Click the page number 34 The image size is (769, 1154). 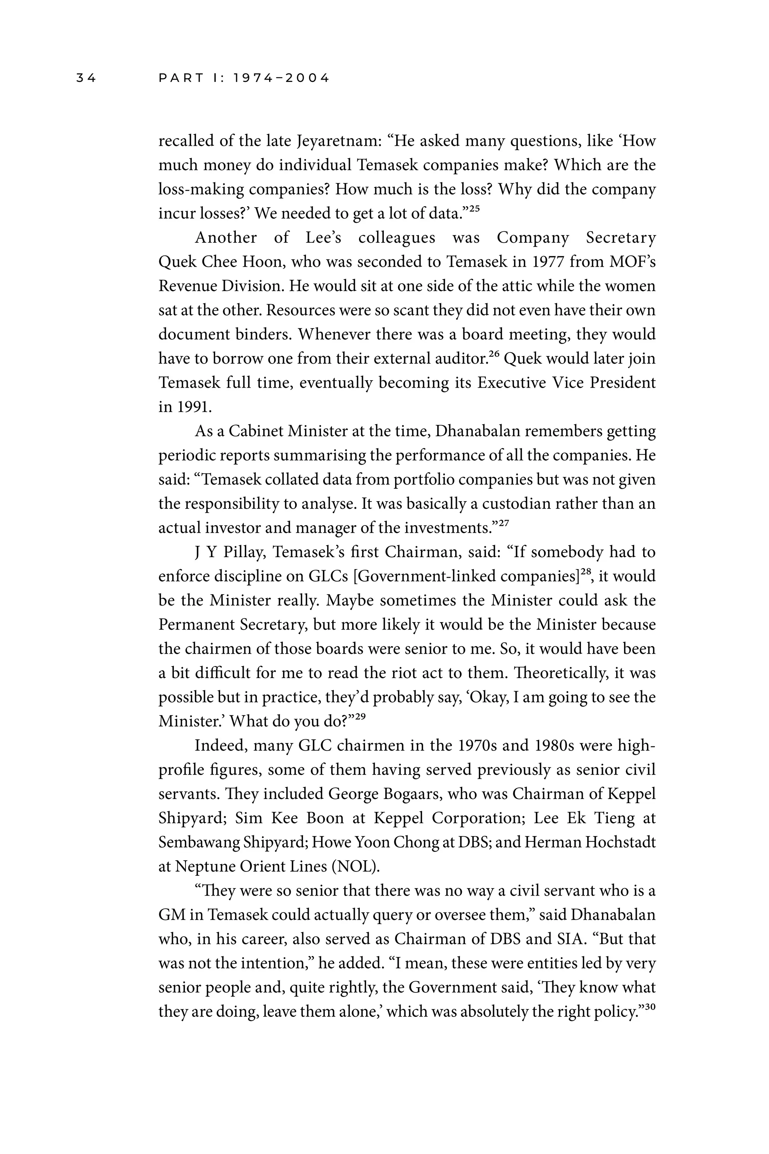click(86, 78)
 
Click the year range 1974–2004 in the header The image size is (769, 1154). click(282, 78)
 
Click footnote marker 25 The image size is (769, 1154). click(474, 208)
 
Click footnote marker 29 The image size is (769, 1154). click(360, 716)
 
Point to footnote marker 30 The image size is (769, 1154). click(650, 1006)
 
